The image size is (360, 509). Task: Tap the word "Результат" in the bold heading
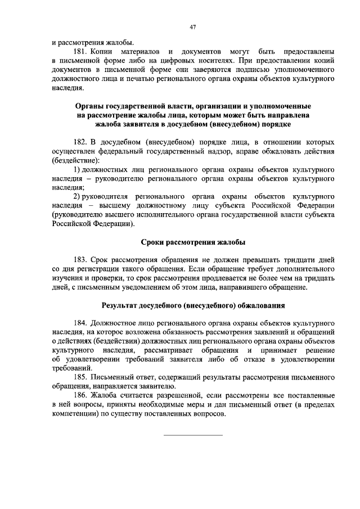point(120,306)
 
